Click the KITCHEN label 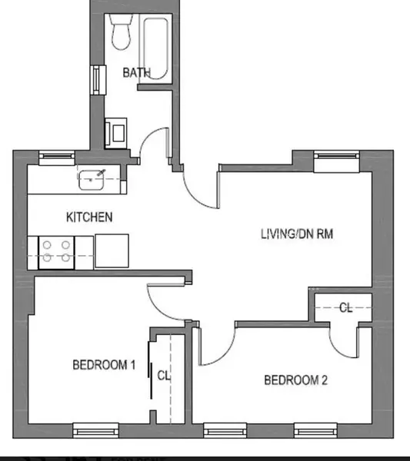tap(89, 217)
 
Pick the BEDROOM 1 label tap(104, 365)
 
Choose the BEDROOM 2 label tap(296, 380)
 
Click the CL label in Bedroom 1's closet tap(163, 376)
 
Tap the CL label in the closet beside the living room tap(346, 307)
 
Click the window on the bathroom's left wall tap(98, 79)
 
